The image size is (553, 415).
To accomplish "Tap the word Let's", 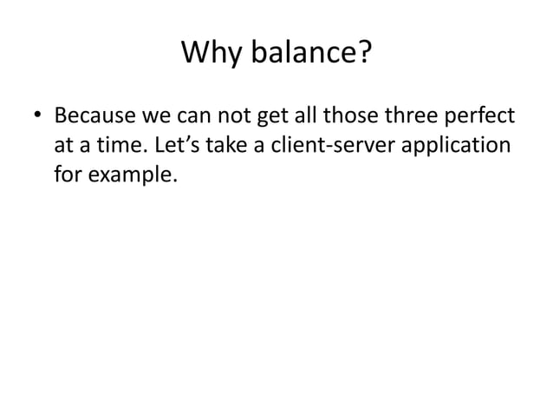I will tap(177, 146).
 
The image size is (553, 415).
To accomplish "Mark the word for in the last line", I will tap(68, 175).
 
